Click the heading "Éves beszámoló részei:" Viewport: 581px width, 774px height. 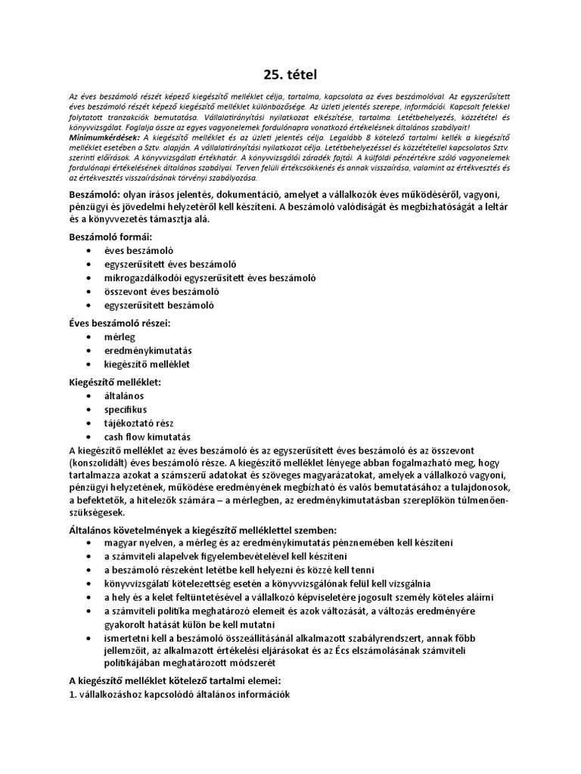point(120,323)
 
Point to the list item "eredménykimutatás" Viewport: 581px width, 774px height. point(148,351)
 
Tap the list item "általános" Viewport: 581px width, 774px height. point(125,395)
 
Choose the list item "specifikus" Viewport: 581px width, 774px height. point(126,409)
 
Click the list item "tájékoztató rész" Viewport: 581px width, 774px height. point(138,423)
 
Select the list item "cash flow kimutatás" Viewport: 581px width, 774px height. point(148,437)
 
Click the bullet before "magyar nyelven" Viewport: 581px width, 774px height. point(92,543)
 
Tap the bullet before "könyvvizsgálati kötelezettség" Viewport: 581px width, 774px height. point(92,584)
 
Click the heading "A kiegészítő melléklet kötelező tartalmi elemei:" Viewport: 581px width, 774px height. point(175,680)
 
